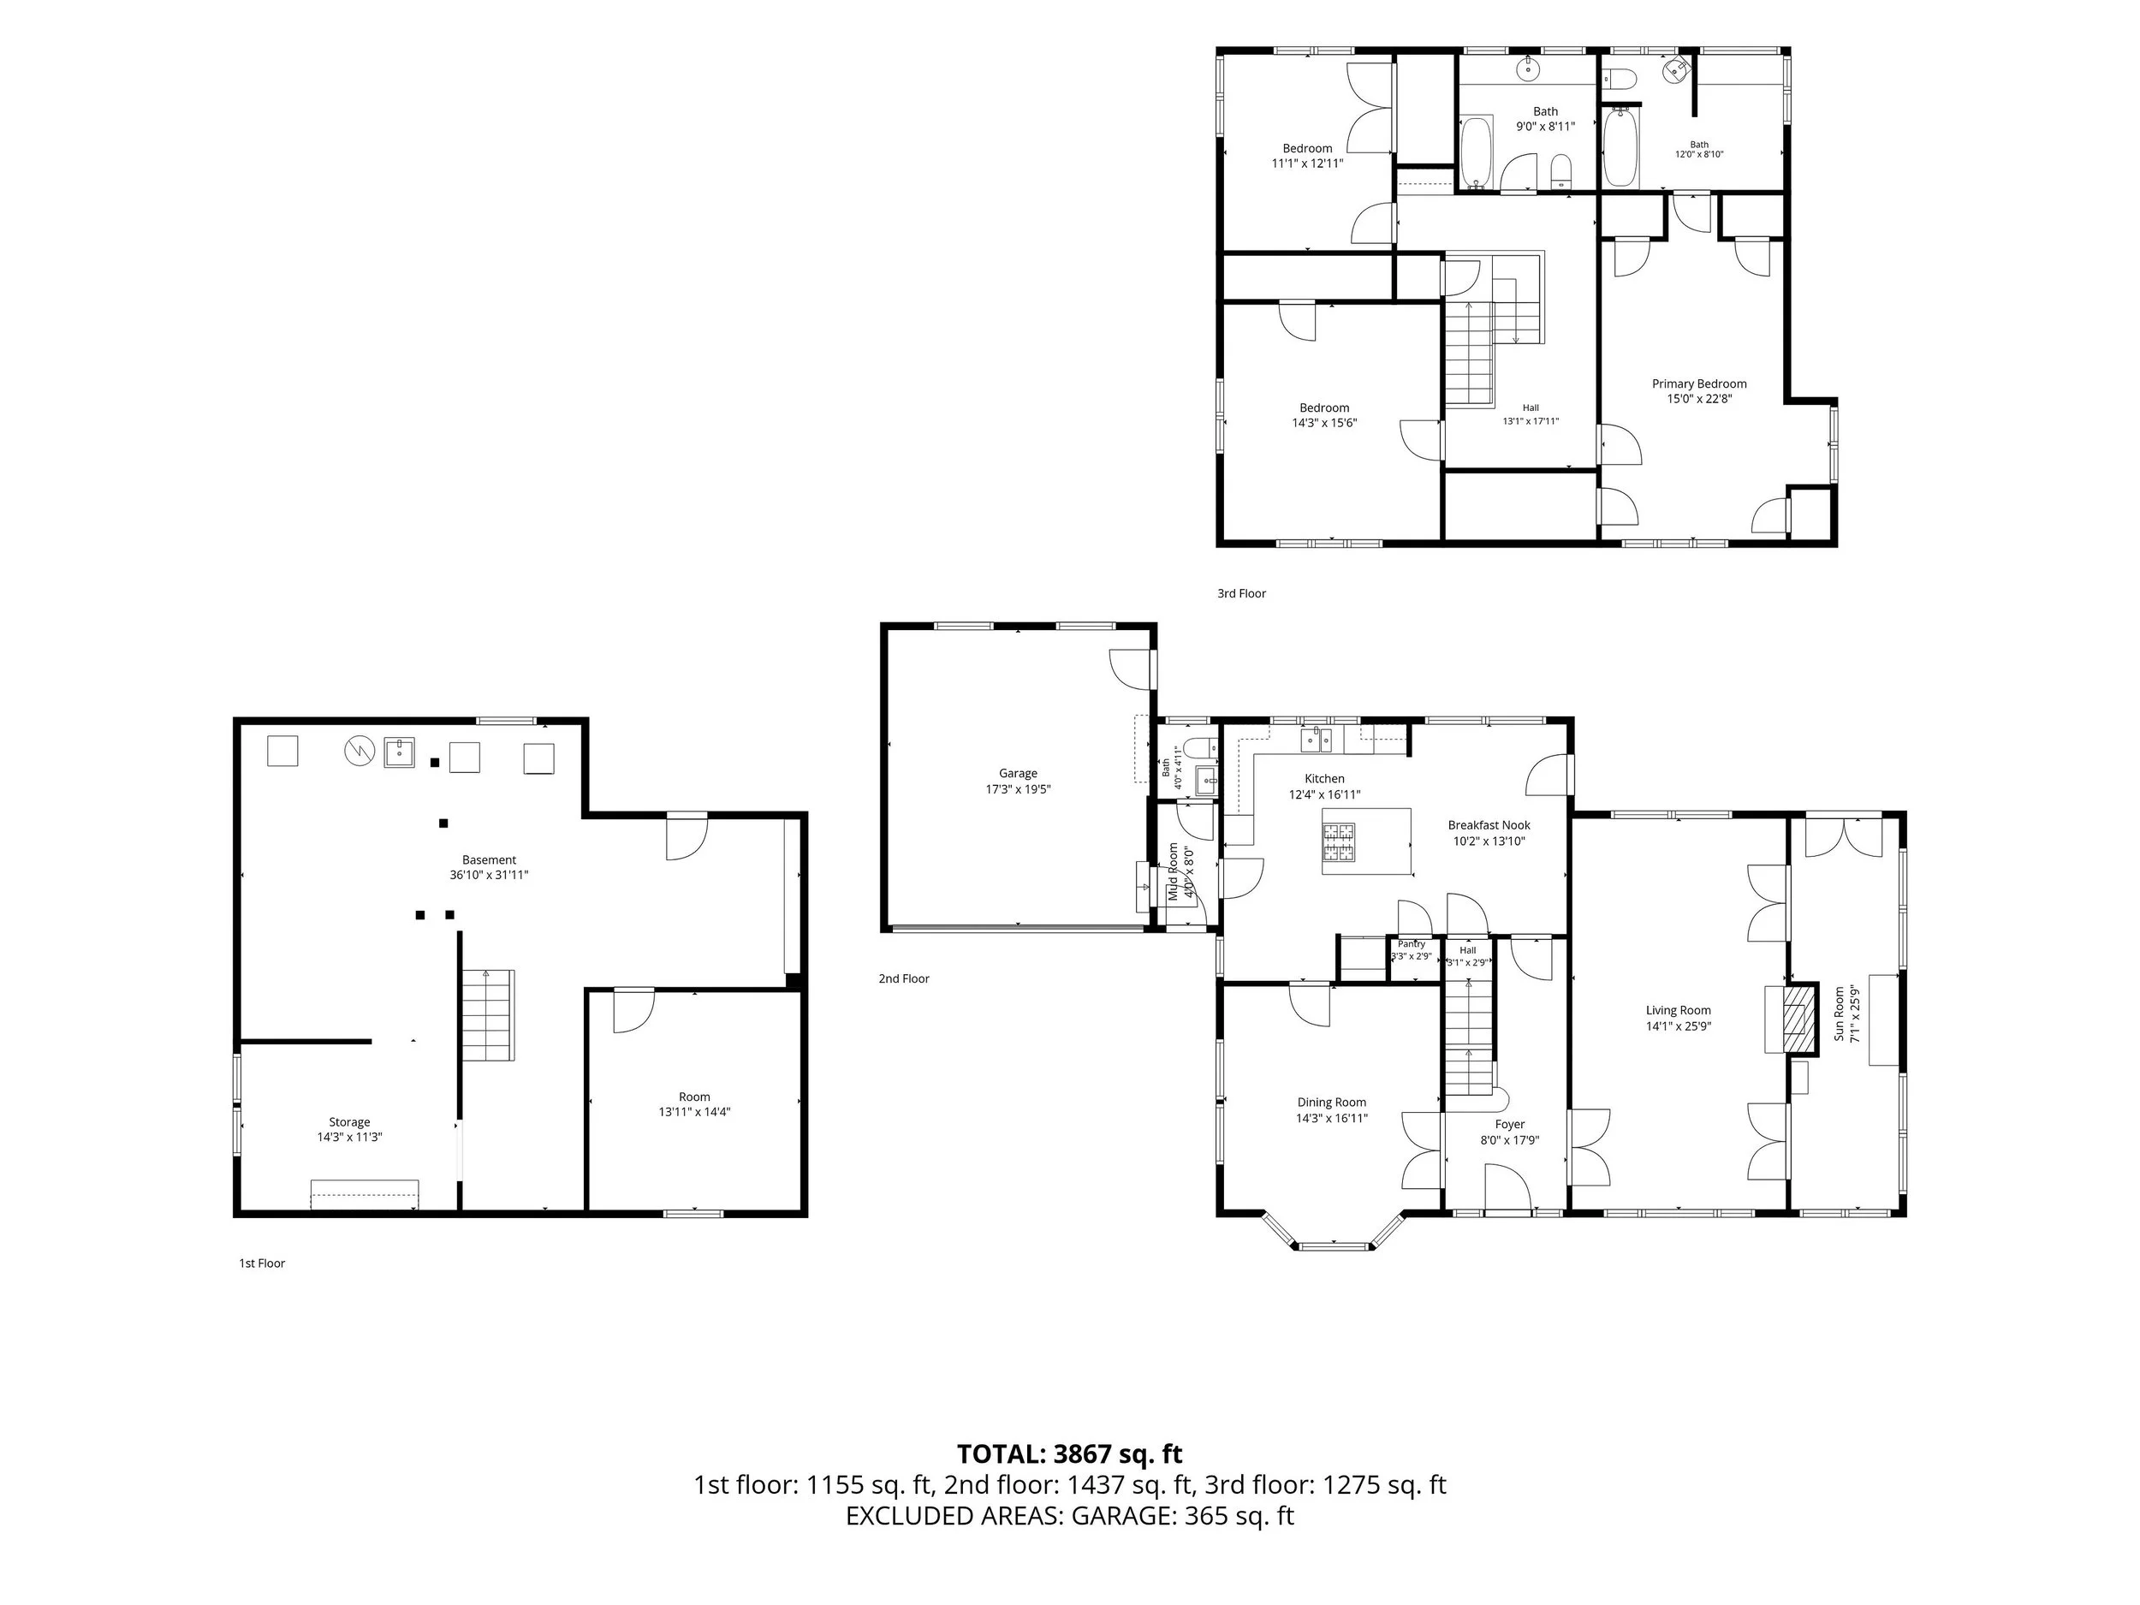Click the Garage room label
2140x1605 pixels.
pos(1018,773)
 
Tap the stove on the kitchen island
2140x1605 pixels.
pos(1339,841)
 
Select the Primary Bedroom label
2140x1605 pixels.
pos(1699,384)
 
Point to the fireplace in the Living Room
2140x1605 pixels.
pos(1799,1019)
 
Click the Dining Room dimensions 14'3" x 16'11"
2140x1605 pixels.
pos(1332,1119)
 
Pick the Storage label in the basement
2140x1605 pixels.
pos(349,1122)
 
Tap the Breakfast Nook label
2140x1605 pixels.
pos(1489,825)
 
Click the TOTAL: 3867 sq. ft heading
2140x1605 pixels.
pos(1070,1454)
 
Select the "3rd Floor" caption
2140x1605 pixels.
pos(1241,593)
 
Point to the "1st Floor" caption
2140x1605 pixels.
pos(262,1263)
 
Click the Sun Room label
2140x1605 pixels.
pos(1840,1014)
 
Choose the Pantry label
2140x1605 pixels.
pos(1412,944)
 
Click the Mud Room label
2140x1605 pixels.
pos(1174,871)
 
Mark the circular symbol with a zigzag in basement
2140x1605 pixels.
pos(359,751)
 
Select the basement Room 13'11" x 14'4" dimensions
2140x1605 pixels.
pos(694,1112)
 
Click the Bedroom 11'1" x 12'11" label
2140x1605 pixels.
pos(1307,156)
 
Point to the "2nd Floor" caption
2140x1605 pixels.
pos(904,978)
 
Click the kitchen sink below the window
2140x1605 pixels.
pos(1316,740)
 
